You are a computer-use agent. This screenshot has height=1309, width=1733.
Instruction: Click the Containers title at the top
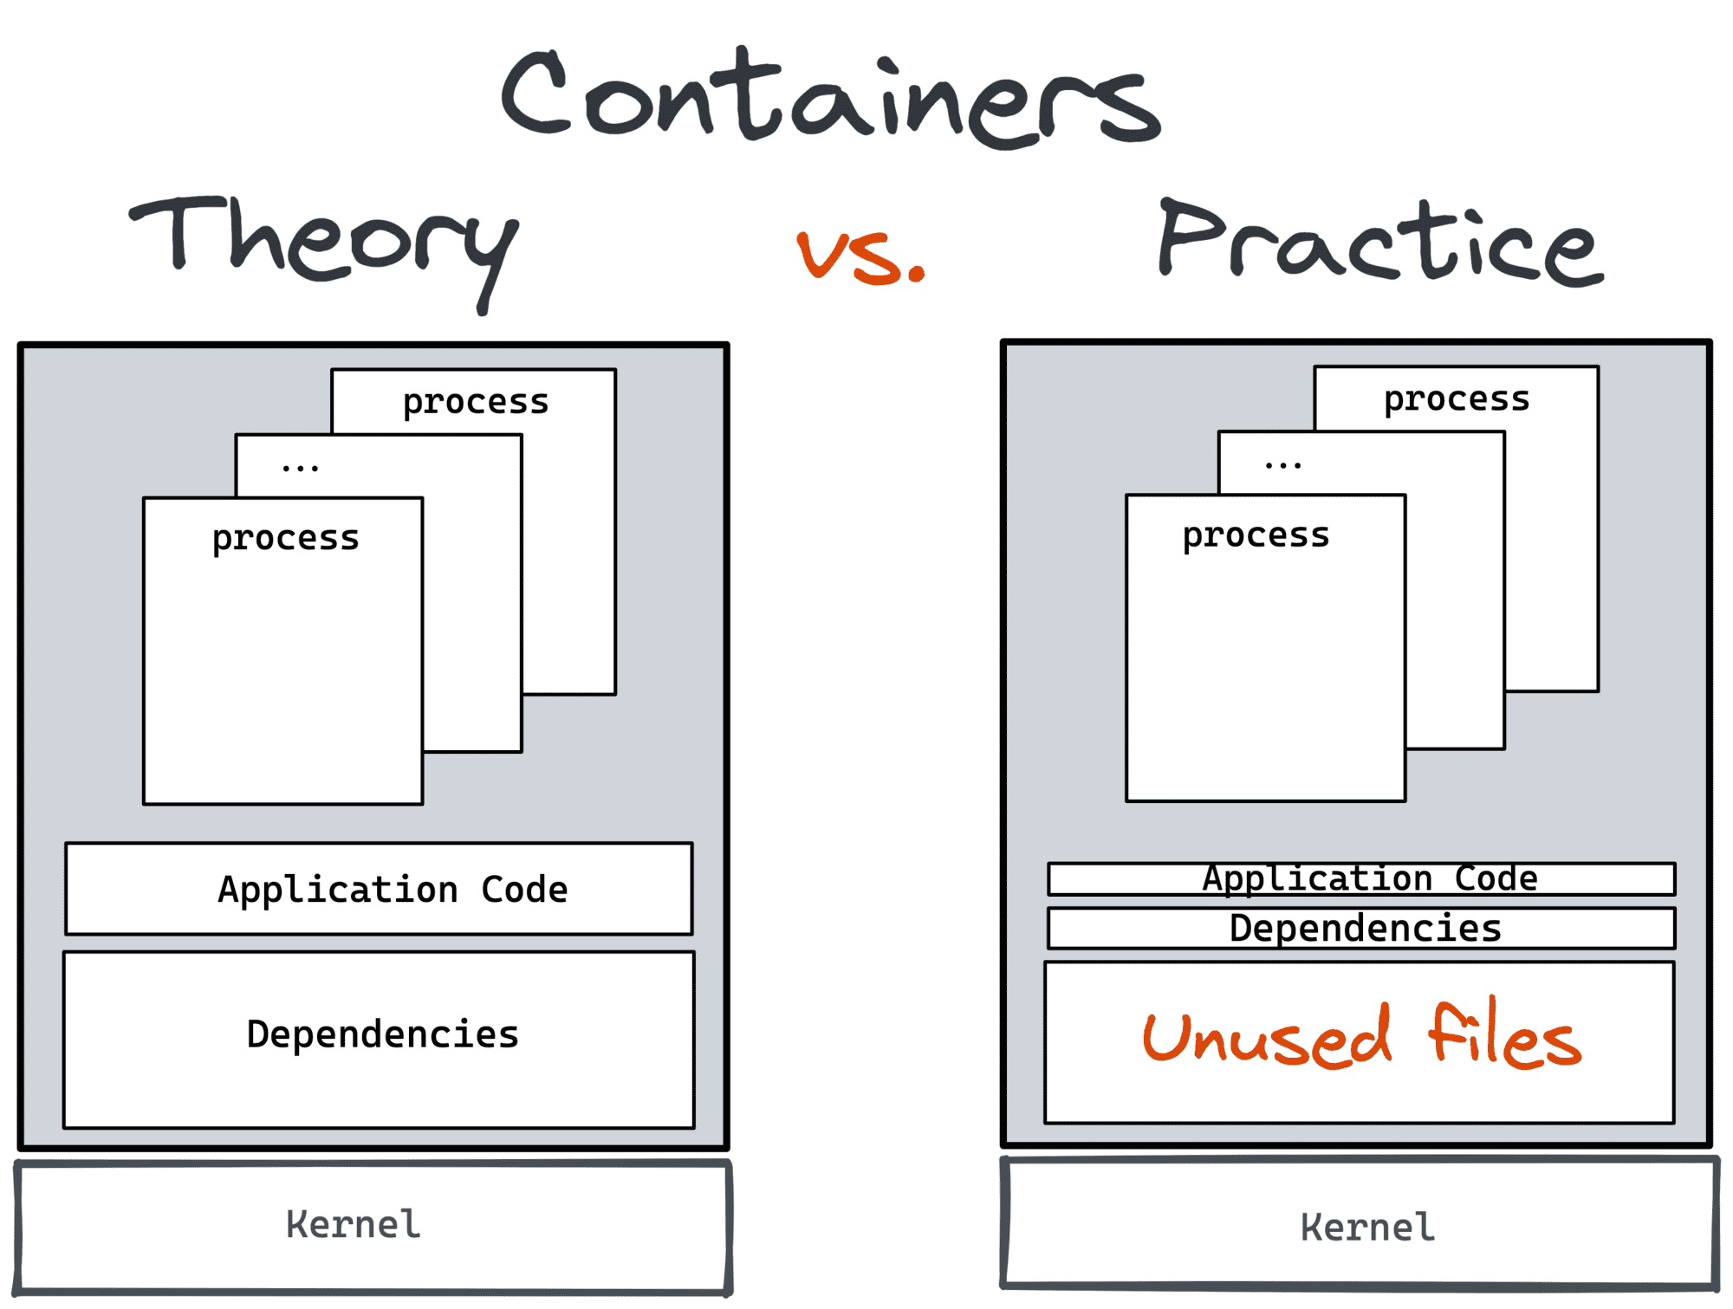[x=830, y=97]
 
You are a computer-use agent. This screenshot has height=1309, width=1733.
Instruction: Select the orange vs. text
[x=860, y=257]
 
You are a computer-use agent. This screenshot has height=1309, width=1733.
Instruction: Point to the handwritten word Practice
[x=1380, y=243]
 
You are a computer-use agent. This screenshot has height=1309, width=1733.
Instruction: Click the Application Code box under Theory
[x=379, y=889]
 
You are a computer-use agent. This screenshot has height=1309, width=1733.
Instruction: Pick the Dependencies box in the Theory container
[x=379, y=1039]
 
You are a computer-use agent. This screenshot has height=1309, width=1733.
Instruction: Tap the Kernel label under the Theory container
[x=354, y=1225]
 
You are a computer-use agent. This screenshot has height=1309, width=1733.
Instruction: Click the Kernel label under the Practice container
[x=1367, y=1228]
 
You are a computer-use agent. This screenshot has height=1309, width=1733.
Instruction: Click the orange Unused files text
[x=1361, y=1037]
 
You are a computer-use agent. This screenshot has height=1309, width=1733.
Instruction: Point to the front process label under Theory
[x=285, y=539]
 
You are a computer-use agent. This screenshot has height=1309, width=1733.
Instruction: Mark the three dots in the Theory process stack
[x=300, y=469]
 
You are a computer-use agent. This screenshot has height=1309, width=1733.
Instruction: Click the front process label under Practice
[x=1256, y=536]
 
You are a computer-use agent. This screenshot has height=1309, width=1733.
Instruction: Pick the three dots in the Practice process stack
[x=1282, y=466]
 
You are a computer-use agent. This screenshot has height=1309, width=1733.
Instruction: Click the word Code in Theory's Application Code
[x=524, y=890]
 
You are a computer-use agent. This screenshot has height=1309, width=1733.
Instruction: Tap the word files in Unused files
[x=1504, y=1035]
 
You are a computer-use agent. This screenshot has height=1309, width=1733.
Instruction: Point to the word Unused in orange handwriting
[x=1267, y=1039]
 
